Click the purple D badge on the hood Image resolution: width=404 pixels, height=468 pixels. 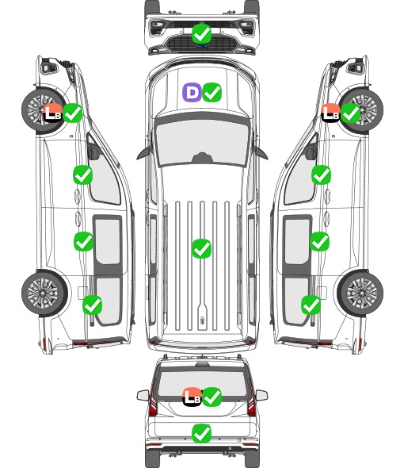192,92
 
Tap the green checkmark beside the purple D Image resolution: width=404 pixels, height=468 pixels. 212,92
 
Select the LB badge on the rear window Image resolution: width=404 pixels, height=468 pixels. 192,397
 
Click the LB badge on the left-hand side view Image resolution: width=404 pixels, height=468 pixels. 52,113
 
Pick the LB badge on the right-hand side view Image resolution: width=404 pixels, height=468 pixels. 330,113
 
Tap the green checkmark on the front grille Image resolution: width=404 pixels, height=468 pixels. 201,33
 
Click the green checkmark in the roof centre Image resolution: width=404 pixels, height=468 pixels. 201,248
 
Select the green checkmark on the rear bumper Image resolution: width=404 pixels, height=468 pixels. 201,433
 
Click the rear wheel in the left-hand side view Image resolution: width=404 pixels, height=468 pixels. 44,293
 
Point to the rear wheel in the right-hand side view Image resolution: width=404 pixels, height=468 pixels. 360,293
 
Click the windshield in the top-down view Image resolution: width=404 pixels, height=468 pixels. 202,143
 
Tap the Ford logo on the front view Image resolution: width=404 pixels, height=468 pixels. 202,46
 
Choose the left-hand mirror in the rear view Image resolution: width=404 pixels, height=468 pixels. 143,396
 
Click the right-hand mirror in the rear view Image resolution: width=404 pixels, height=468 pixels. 261,396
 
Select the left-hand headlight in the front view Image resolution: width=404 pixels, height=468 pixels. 157,28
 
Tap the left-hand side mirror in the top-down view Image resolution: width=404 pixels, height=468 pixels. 144,154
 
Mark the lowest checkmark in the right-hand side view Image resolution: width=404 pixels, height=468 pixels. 311,305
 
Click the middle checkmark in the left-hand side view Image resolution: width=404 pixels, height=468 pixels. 83,241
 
